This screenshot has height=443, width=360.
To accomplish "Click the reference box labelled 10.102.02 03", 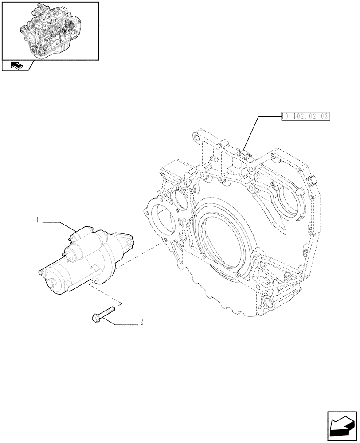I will pyautogui.click(x=305, y=117).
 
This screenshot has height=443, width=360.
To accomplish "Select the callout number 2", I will pyautogui.click(x=141, y=323).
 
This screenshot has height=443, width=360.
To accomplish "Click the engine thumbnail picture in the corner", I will pyautogui.click(x=50, y=31).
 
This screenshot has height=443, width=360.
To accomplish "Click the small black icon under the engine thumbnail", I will pyautogui.click(x=15, y=66).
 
